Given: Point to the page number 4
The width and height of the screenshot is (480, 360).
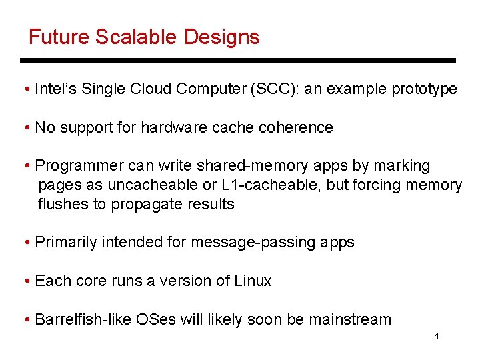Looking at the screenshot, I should (437, 336).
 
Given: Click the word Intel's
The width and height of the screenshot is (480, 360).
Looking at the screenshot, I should (55, 89).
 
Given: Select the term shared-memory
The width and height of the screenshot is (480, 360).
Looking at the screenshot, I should (238, 165).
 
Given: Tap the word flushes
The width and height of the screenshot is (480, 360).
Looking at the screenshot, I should (63, 204).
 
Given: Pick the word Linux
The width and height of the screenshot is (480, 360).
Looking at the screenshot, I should (253, 281).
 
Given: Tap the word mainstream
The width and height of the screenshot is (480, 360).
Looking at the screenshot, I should (351, 319).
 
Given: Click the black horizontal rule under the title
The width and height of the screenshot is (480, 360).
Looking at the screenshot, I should (238, 60).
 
